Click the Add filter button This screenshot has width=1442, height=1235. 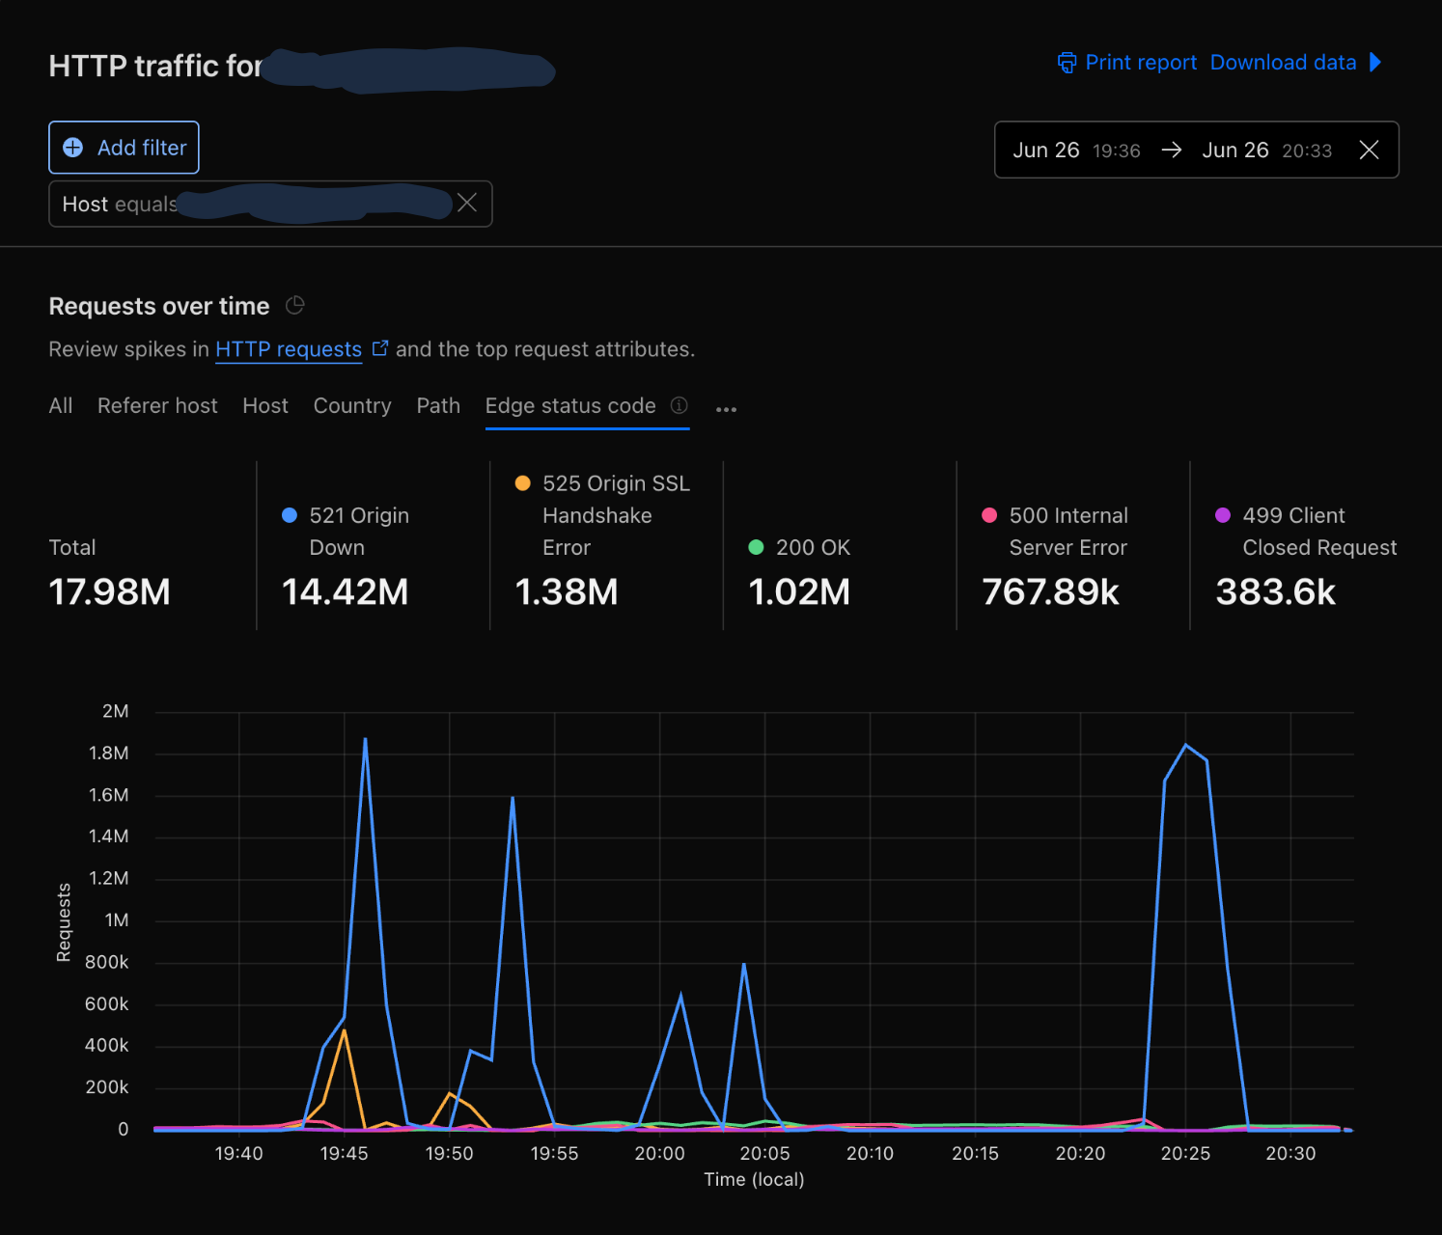(124, 148)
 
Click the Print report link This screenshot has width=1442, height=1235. (1127, 63)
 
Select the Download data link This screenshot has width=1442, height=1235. (1283, 63)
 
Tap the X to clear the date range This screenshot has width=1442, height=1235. (1368, 150)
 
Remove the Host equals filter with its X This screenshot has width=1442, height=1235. (467, 203)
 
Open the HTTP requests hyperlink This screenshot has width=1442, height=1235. (289, 349)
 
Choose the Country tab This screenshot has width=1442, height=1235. (352, 406)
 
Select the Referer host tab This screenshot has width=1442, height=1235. (157, 406)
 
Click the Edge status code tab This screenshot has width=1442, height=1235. (570, 406)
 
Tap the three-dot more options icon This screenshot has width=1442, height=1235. (726, 409)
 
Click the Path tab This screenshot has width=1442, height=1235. (438, 406)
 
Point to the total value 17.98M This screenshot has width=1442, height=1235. (109, 591)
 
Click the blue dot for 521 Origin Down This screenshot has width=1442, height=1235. (290, 515)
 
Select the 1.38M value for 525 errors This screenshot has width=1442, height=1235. (567, 591)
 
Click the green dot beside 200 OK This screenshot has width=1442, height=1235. (756, 547)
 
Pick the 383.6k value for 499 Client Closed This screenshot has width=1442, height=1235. (1275, 591)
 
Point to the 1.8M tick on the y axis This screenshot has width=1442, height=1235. (109, 753)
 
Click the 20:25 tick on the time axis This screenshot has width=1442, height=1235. (1185, 1153)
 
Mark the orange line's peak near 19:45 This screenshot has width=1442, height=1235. (344, 1030)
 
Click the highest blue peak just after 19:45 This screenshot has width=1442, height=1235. (365, 739)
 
